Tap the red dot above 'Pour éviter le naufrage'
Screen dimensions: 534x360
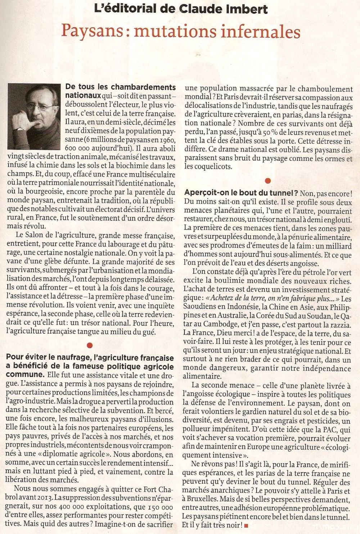click(90, 345)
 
